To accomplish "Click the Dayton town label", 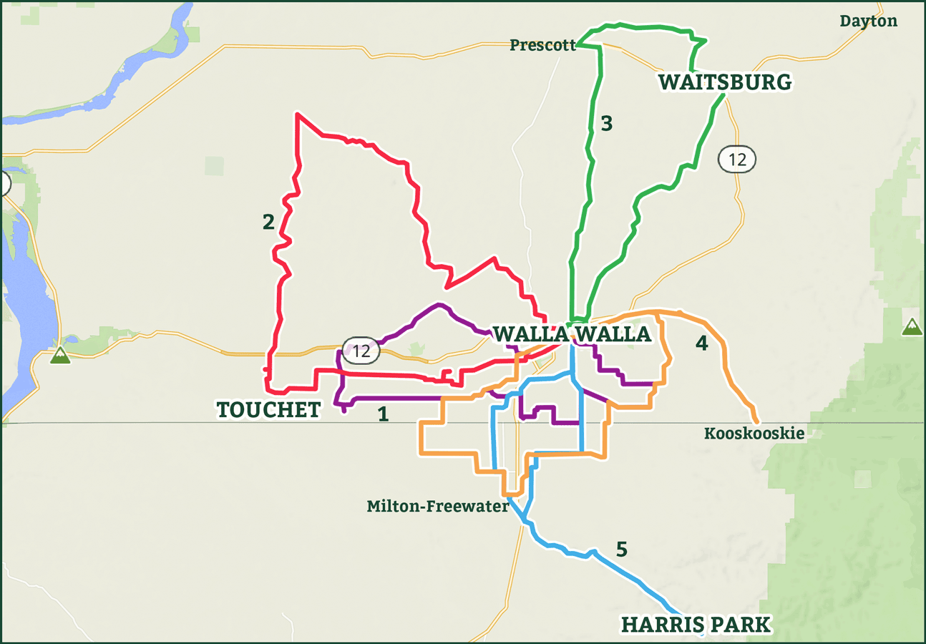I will pos(868,21).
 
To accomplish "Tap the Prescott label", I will pos(542,46).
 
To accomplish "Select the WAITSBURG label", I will pos(725,82).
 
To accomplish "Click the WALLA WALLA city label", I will pos(572,334).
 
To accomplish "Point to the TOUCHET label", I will pos(268,409).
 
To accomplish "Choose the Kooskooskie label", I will pos(754,434).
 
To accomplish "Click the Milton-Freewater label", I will pos(437,507).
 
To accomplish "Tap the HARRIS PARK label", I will pos(696,625).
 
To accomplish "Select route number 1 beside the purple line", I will pos(383,414).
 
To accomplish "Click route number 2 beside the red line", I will pos(268,222).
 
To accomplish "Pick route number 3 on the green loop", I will pos(606,124).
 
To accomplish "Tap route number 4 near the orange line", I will pos(701,343).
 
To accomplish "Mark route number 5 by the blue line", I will pos(621,550).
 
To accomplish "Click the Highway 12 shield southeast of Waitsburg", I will pos(737,160).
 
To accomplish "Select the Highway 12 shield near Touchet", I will pos(361,351).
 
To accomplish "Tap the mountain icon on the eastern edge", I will pos(911,326).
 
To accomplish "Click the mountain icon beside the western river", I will pos(60,355).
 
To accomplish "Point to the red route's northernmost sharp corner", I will pos(297,114).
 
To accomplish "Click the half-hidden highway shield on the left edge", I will pos(4,184).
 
